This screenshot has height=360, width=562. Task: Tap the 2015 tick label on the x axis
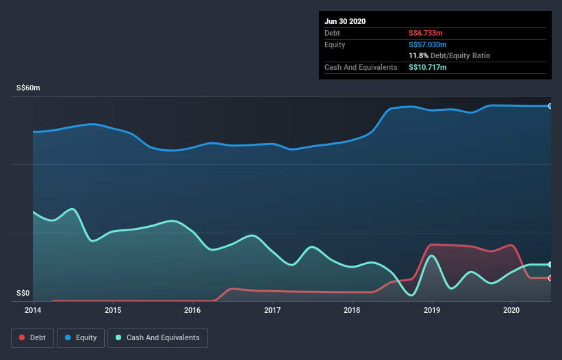(113, 310)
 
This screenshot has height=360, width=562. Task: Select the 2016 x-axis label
(192, 310)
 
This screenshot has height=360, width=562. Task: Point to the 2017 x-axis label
(272, 310)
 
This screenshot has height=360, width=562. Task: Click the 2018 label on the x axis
(352, 310)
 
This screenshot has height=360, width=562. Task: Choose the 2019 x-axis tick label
(432, 310)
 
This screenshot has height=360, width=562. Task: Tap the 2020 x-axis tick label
(511, 310)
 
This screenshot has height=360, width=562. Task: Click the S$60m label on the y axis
(29, 88)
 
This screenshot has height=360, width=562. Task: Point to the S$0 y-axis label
(23, 294)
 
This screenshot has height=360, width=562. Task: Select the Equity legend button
(80, 337)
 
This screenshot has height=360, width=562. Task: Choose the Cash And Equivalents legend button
(157, 337)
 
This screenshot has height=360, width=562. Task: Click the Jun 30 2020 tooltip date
(345, 21)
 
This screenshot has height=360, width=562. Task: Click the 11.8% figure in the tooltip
(418, 55)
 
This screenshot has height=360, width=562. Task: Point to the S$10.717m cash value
(429, 67)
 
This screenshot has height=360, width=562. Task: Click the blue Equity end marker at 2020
(550, 106)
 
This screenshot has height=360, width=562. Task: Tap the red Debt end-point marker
(550, 278)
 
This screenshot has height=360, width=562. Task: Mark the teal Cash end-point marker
(550, 264)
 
